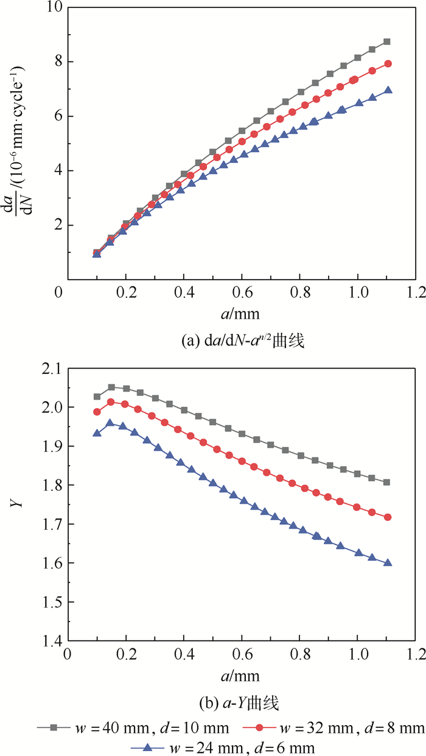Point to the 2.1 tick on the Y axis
click(x=49, y=368)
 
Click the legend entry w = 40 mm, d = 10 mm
click(x=133, y=727)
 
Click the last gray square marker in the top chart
click(x=387, y=42)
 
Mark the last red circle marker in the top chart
click(x=388, y=64)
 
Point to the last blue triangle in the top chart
click(x=388, y=91)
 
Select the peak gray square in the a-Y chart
click(x=111, y=387)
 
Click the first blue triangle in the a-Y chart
click(x=96, y=433)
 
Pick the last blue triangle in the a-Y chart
click(x=388, y=563)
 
